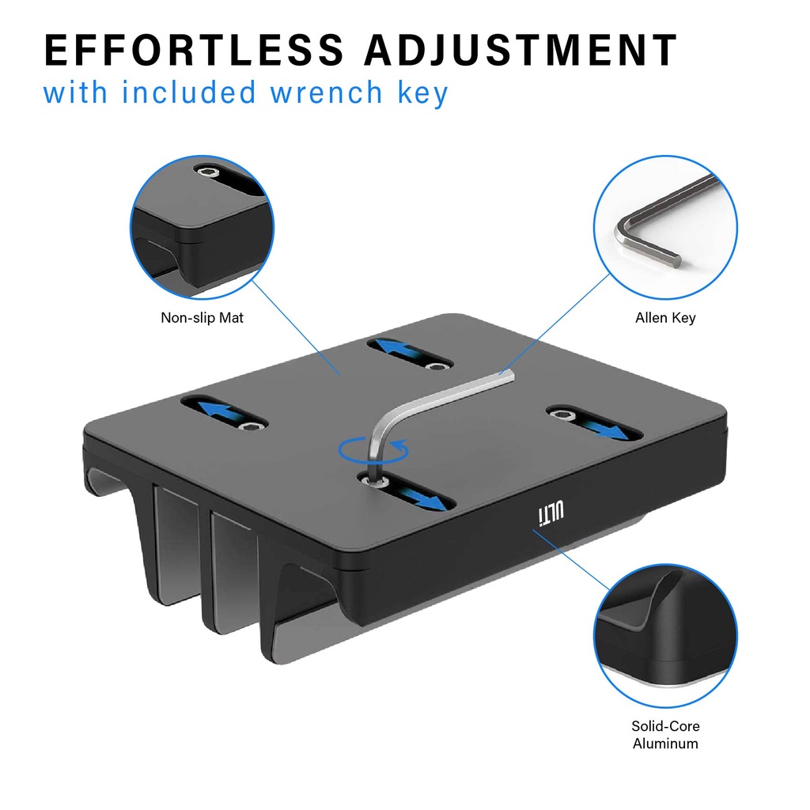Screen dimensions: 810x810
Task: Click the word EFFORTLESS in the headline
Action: (x=194, y=50)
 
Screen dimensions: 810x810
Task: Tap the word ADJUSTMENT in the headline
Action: (x=520, y=50)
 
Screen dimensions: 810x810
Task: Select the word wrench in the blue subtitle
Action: (x=326, y=93)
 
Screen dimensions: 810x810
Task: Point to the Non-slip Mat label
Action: (x=202, y=317)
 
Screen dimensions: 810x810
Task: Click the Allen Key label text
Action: (x=665, y=318)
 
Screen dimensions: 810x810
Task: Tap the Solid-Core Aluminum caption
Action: (x=665, y=735)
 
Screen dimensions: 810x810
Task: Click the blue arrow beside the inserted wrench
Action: (x=421, y=498)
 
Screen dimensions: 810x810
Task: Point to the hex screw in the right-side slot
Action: (x=560, y=414)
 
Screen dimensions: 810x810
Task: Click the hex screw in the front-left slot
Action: (x=252, y=426)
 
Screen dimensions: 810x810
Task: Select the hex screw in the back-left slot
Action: (x=437, y=366)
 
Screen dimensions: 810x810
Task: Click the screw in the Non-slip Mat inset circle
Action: (x=208, y=172)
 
